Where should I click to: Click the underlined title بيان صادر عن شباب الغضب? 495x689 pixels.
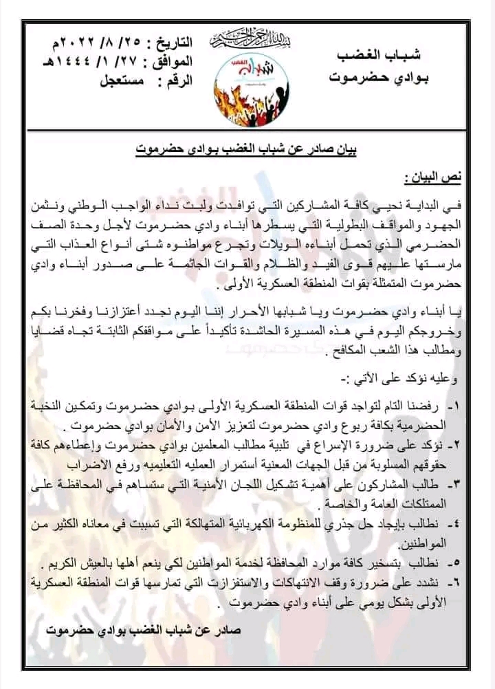click(247, 147)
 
